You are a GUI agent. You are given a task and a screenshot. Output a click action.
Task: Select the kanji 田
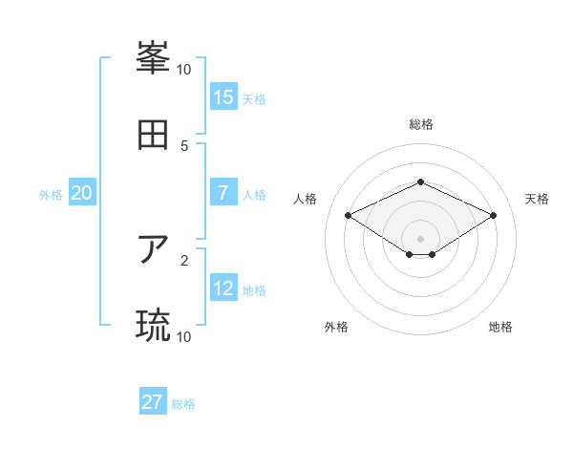tap(153, 135)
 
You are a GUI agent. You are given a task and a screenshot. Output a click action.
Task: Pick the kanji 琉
tap(153, 326)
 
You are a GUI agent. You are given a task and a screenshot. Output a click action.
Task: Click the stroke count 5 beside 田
tap(184, 145)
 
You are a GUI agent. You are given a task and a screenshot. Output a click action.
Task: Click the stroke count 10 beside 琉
tap(184, 336)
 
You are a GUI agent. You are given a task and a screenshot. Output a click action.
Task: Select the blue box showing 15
tap(223, 96)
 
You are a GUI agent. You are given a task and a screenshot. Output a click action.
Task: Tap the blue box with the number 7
tap(223, 193)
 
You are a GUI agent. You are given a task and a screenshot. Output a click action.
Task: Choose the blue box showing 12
tap(223, 289)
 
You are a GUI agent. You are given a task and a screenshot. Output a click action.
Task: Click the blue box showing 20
tap(82, 193)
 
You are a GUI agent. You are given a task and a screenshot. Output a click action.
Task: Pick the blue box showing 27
tap(153, 402)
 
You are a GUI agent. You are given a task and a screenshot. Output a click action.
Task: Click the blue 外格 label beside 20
tap(51, 194)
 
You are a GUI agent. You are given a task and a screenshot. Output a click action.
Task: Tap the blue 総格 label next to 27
tap(183, 403)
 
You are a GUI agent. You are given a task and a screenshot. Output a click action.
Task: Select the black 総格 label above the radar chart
tap(421, 124)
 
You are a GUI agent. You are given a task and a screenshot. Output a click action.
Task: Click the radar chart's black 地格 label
tap(500, 327)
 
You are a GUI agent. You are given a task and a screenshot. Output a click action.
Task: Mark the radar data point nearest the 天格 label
tap(493, 215)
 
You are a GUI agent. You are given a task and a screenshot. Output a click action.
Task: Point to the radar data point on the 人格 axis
tap(349, 215)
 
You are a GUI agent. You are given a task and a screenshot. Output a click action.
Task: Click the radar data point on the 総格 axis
tap(420, 182)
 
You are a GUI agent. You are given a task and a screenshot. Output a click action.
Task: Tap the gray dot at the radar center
tap(420, 238)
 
